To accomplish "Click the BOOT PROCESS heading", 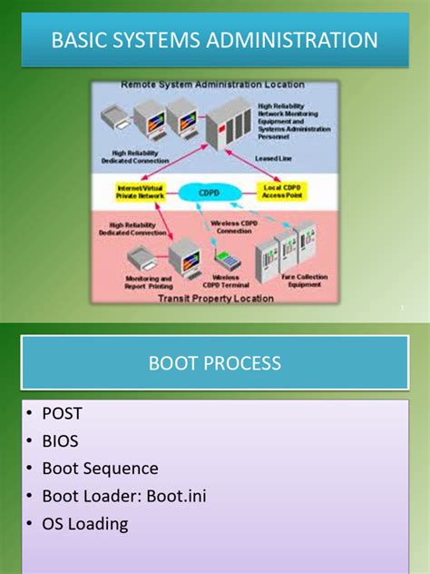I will point(215,363).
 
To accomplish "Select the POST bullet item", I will point(62,413).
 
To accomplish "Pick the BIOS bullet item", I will point(61,440).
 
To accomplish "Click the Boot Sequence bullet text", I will point(100,468).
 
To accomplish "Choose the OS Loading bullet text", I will point(85,524).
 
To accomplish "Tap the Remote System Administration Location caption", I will point(213,84).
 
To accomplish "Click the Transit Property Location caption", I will point(215,296).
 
